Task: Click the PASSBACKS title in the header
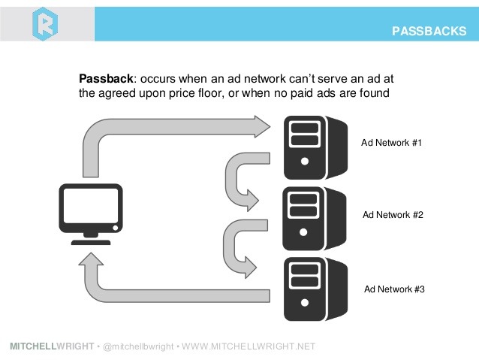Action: tap(430, 31)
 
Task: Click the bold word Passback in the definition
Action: tap(104, 77)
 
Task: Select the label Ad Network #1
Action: tap(393, 142)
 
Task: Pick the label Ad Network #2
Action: tap(393, 215)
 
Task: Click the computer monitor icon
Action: tap(89, 214)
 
